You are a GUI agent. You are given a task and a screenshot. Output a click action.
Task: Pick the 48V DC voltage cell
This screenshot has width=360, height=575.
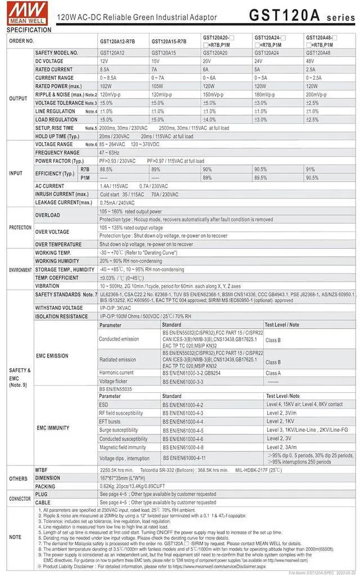310,61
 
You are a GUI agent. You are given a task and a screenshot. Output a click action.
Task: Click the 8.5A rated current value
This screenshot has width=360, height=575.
105,69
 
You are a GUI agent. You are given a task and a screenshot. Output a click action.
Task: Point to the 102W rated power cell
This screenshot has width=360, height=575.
106,86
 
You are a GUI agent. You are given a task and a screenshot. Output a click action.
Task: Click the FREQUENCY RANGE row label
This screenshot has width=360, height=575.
57,153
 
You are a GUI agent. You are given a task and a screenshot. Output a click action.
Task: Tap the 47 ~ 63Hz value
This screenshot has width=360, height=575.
110,153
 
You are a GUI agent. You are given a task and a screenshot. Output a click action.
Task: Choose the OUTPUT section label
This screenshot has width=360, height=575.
18,99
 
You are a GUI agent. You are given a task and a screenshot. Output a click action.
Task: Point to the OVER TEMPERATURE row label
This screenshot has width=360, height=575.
58,245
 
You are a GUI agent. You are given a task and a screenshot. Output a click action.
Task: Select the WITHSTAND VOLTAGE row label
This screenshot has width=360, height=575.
59,308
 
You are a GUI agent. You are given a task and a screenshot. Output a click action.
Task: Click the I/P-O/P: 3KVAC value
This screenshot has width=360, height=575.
115,308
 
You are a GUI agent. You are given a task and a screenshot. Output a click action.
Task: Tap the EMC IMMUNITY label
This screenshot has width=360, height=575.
53,428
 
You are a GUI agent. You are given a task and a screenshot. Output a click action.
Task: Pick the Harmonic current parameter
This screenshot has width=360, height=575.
116,373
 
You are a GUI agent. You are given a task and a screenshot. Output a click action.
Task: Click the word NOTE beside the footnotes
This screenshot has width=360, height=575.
15,537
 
